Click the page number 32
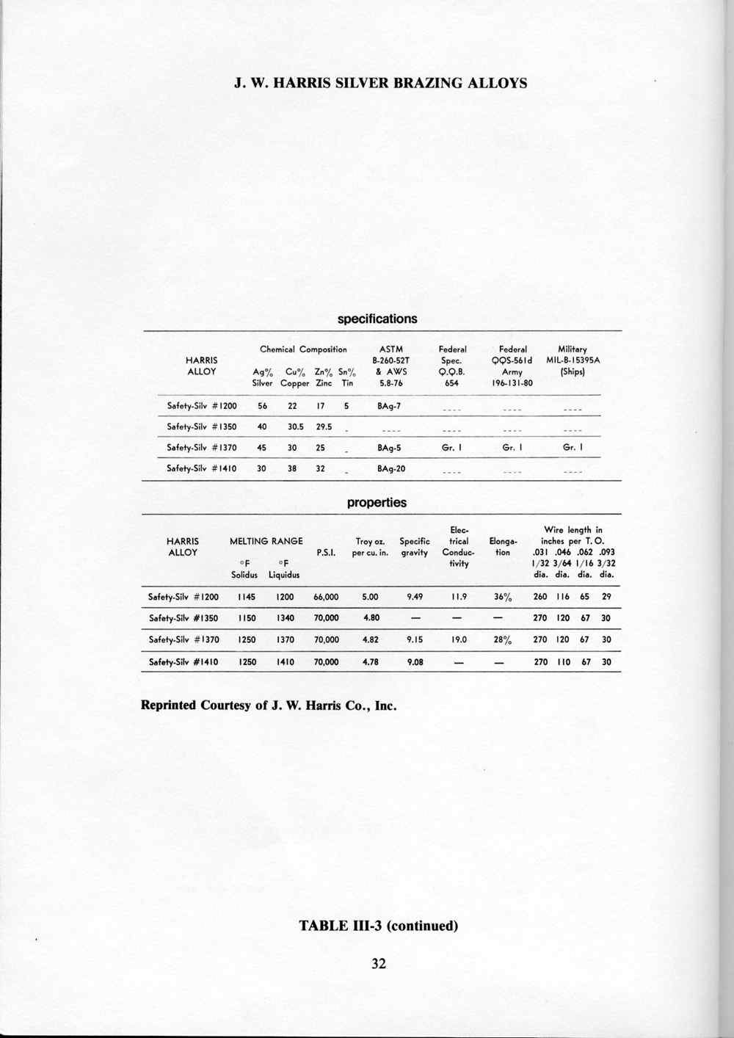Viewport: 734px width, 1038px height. click(x=378, y=964)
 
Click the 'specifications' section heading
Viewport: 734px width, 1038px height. click(x=377, y=319)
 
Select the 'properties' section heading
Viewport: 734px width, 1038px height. click(x=377, y=503)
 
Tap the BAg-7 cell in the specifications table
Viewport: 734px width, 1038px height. click(x=388, y=405)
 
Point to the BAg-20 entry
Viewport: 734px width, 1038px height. click(x=391, y=468)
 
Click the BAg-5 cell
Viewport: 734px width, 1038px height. click(x=388, y=447)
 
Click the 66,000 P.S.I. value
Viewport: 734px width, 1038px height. click(x=326, y=597)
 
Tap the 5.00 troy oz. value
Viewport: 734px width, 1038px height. click(x=371, y=597)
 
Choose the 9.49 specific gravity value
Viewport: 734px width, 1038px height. click(x=415, y=597)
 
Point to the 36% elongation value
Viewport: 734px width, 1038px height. click(x=502, y=597)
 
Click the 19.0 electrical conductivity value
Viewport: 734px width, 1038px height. click(x=459, y=639)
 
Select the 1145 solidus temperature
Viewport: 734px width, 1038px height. click(x=247, y=597)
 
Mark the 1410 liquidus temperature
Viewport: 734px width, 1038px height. click(x=285, y=661)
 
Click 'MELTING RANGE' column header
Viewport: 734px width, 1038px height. click(x=266, y=541)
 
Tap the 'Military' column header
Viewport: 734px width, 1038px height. click(x=573, y=349)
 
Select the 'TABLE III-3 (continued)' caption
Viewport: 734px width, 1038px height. click(x=378, y=925)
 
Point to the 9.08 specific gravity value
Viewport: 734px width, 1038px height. click(x=415, y=661)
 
